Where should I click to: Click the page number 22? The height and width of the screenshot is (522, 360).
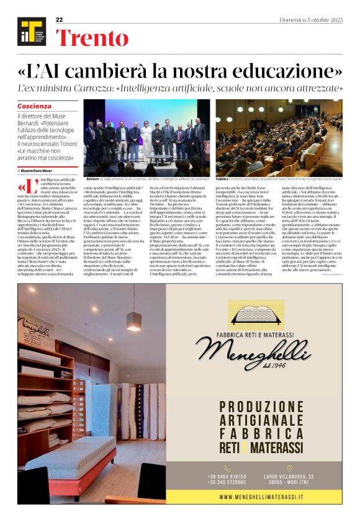click(60, 20)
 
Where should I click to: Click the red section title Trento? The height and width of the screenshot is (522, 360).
click(92, 38)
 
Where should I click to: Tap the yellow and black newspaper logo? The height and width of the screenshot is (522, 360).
click(31, 32)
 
